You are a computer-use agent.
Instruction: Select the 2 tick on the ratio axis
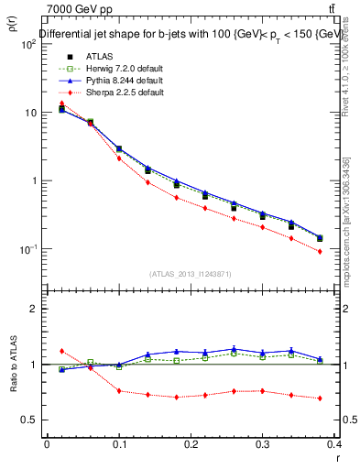pos(33,309)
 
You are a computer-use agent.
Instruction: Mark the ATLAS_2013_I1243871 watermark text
pos(191,274)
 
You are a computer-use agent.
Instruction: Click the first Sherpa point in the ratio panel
pos(61,351)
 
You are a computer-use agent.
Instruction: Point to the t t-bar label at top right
pos(343,9)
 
